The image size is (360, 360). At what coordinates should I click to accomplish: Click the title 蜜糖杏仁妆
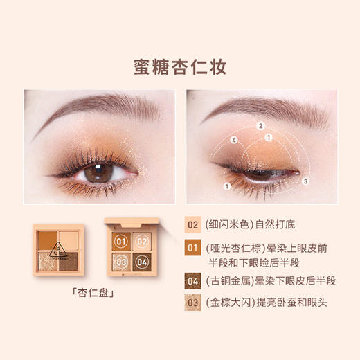point(179,67)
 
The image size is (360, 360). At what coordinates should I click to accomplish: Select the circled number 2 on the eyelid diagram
point(261,126)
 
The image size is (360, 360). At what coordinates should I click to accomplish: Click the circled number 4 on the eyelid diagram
point(235,140)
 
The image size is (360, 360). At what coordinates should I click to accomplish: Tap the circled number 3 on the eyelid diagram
point(305,181)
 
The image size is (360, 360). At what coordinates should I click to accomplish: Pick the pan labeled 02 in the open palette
point(142,242)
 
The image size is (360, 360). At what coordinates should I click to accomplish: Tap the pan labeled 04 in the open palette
point(142,262)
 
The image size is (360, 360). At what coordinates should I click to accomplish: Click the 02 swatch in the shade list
point(193,225)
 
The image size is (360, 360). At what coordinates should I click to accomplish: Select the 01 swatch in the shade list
point(193,246)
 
